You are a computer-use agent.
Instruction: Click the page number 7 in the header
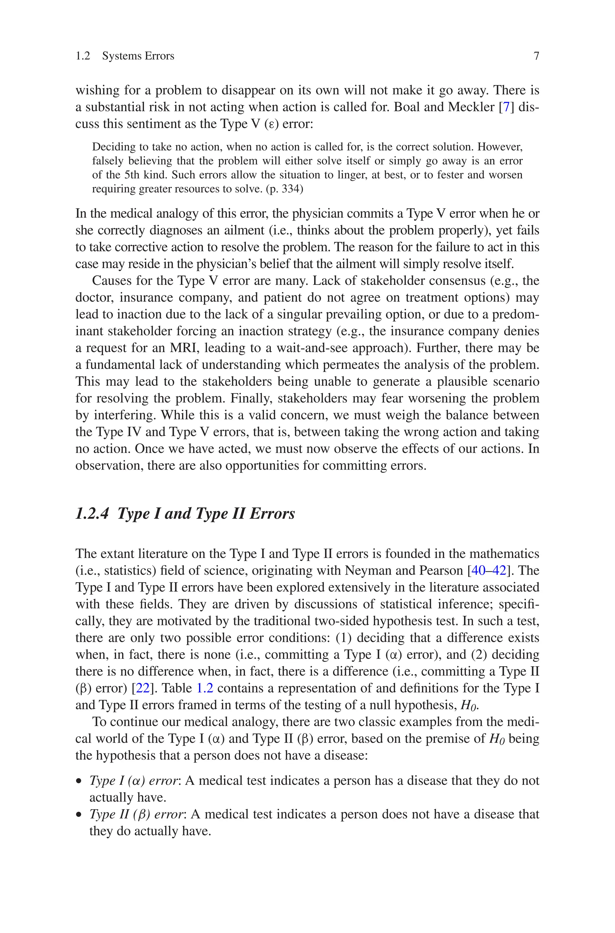tap(536, 56)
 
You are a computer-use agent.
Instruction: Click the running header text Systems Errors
tap(138, 56)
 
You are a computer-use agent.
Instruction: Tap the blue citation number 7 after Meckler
tap(506, 107)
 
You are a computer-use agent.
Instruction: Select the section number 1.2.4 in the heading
tap(92, 514)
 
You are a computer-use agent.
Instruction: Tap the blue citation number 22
tap(142, 688)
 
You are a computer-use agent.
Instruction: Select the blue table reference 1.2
tap(204, 688)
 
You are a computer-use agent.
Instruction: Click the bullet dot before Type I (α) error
tap(79, 782)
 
